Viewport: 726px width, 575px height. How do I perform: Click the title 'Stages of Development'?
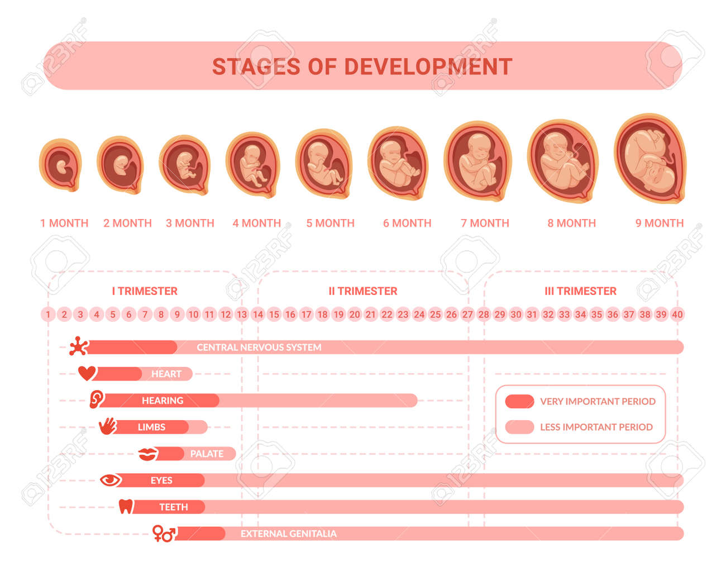click(x=362, y=66)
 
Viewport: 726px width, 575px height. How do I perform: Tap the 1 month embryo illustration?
click(x=60, y=165)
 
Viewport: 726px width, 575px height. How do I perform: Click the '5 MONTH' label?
click(x=330, y=223)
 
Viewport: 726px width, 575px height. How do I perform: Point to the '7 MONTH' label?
click(x=485, y=223)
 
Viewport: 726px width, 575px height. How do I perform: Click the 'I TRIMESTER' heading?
click(x=145, y=291)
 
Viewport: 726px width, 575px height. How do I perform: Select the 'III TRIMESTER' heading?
click(x=580, y=291)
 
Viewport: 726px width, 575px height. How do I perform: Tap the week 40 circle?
click(x=677, y=315)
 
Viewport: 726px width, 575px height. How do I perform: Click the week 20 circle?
click(x=355, y=315)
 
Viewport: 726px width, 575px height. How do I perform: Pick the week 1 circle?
click(x=48, y=315)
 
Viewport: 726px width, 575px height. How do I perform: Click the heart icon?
click(x=87, y=373)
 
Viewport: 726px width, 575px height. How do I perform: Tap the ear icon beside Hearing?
click(x=97, y=400)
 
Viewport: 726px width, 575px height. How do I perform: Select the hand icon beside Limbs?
click(x=108, y=426)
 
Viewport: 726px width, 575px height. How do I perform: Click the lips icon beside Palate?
click(x=148, y=454)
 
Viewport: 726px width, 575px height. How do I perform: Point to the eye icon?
click(x=111, y=480)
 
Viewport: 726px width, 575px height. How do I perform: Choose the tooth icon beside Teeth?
click(x=126, y=507)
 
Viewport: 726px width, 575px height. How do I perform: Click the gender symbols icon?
click(x=165, y=534)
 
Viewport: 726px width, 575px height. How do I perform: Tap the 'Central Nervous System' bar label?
click(x=259, y=348)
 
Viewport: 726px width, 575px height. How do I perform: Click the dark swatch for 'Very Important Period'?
click(x=519, y=401)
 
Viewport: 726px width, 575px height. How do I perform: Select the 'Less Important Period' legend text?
click(x=596, y=427)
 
